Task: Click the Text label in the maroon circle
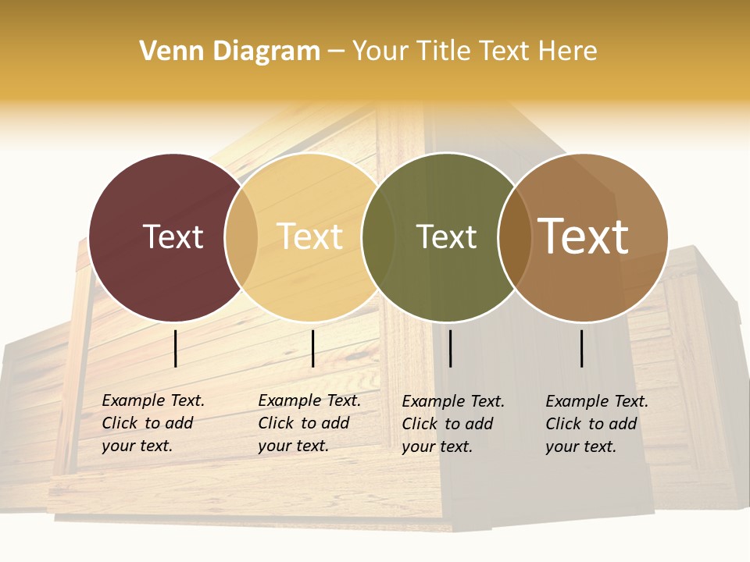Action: tap(173, 237)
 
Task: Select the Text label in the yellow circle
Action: tap(310, 237)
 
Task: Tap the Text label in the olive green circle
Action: tap(446, 237)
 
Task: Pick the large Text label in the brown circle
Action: tap(584, 237)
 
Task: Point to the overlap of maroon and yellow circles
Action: tap(241, 237)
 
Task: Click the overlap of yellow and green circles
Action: tap(378, 237)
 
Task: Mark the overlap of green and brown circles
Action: tap(514, 237)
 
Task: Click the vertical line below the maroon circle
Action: tap(176, 348)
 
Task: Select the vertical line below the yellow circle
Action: tap(312, 348)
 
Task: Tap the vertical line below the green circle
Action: tap(450, 348)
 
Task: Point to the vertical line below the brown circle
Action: tap(582, 348)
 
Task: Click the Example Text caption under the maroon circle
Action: tap(152, 423)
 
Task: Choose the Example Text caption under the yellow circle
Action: tap(309, 423)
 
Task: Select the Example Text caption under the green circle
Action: tap(452, 424)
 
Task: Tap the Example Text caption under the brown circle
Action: tap(596, 424)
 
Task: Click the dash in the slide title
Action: tap(336, 52)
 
